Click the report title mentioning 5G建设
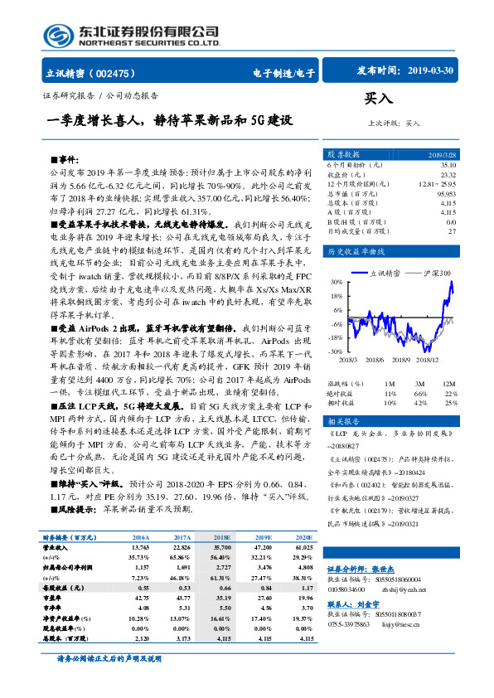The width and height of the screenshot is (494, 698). (170, 119)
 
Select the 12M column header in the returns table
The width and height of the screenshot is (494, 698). (449, 384)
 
